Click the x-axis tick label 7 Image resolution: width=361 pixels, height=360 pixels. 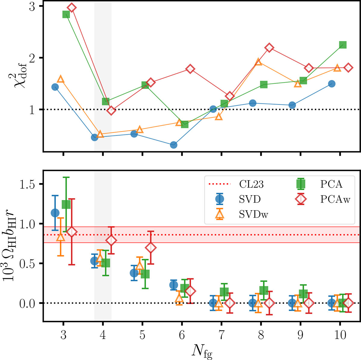[221, 335]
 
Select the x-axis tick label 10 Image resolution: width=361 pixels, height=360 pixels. [340, 335]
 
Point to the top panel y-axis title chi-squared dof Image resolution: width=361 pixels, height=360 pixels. [13, 76]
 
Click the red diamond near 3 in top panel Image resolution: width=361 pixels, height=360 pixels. [72, 8]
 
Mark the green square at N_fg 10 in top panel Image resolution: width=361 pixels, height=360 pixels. [343, 45]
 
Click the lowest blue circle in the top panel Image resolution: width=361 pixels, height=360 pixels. [174, 145]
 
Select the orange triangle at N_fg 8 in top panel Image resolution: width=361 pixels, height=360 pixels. [258, 62]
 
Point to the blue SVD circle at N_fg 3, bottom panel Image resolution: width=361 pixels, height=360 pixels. [55, 213]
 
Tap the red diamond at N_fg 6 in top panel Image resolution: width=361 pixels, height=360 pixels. [190, 69]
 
